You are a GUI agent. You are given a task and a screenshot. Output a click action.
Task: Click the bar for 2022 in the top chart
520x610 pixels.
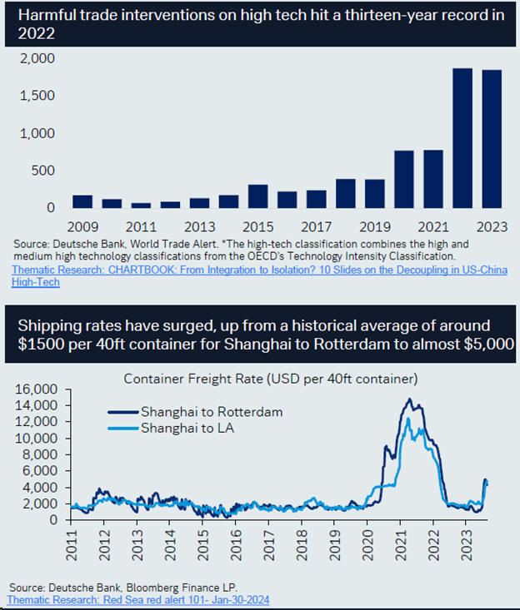[x=462, y=138]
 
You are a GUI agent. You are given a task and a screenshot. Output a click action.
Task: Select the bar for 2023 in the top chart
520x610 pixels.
[x=491, y=139]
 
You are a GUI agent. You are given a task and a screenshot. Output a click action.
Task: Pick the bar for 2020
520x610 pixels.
[x=403, y=179]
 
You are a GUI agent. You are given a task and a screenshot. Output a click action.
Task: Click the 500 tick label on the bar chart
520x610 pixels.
[x=43, y=171]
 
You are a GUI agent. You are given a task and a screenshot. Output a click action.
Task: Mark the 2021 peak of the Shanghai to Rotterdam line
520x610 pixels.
[x=408, y=400]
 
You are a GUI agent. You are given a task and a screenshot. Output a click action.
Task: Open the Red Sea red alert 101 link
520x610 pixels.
[x=137, y=599]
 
